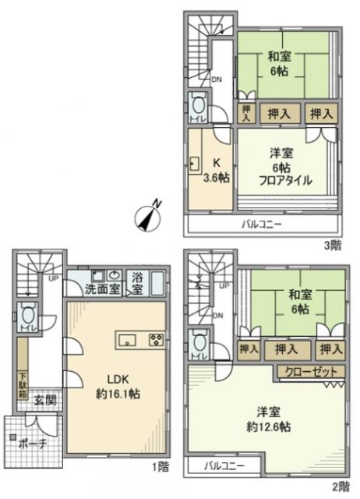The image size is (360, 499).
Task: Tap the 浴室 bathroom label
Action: click(136, 282)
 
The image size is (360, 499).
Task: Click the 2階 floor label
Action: click(341, 487)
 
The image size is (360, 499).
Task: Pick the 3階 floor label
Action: click(333, 245)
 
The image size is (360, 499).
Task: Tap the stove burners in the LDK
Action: click(156, 339)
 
